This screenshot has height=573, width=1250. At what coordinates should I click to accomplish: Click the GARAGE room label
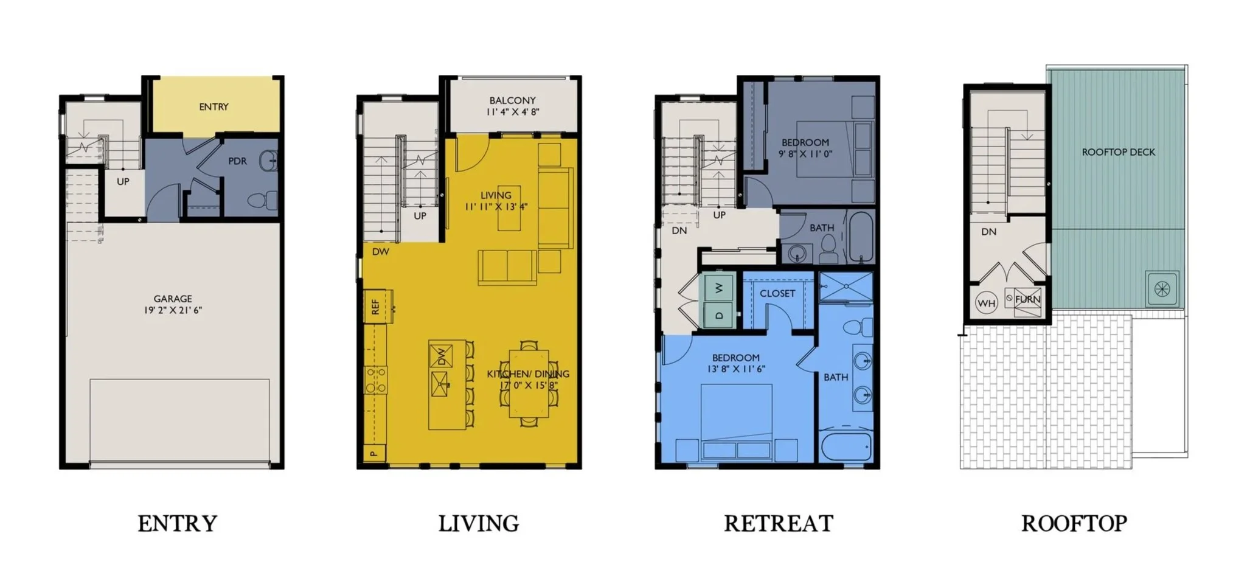coord(173,299)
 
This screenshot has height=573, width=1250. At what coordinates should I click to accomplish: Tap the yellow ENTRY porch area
coord(215,105)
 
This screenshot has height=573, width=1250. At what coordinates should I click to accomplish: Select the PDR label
coord(237,161)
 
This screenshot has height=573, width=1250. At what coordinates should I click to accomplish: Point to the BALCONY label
coord(512,100)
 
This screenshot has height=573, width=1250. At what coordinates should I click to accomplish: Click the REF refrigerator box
coord(375,307)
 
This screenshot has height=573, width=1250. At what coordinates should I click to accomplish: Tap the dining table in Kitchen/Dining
coord(529,383)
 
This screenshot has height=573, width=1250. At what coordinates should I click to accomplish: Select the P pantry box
coord(374,453)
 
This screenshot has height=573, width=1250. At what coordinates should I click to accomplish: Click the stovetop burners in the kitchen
coord(376,380)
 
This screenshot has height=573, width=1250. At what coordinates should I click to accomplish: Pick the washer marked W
coord(719,288)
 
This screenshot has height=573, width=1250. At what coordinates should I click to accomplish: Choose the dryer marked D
coord(719,315)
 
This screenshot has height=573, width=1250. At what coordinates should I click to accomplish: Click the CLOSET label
coord(777,293)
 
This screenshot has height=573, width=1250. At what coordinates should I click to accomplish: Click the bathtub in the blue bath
coord(845,447)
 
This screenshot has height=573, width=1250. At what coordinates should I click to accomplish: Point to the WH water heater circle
coord(986,302)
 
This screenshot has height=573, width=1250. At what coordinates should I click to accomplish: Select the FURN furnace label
coord(1027,299)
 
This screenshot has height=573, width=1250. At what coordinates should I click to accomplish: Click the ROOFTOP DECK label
coord(1118,152)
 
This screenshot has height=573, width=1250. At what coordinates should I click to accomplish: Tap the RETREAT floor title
coord(778,523)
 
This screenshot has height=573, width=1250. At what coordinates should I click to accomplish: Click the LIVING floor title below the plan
coord(479,523)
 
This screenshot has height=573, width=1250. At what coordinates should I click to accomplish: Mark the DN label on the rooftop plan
coord(988,232)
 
